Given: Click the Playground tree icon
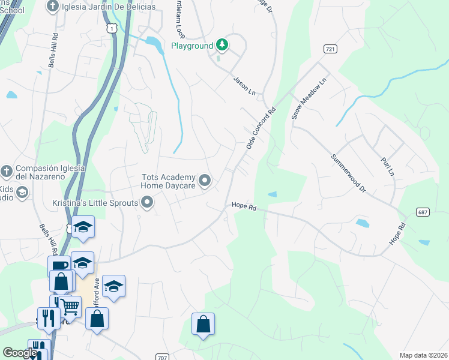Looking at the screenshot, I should [x=222, y=44].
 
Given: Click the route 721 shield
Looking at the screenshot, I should [x=329, y=49].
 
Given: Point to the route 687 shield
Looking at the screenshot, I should [x=423, y=212].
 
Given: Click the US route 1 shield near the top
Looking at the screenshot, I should [x=110, y=28].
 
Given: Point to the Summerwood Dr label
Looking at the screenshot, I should [x=348, y=173].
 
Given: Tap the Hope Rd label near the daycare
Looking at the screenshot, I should [x=244, y=208].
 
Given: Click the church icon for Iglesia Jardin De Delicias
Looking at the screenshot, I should [x=53, y=7].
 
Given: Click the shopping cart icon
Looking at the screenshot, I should [x=70, y=307].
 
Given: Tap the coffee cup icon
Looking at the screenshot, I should [x=59, y=266].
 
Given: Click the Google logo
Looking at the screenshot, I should [x=19, y=353].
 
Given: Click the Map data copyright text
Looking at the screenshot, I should [x=423, y=355].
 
